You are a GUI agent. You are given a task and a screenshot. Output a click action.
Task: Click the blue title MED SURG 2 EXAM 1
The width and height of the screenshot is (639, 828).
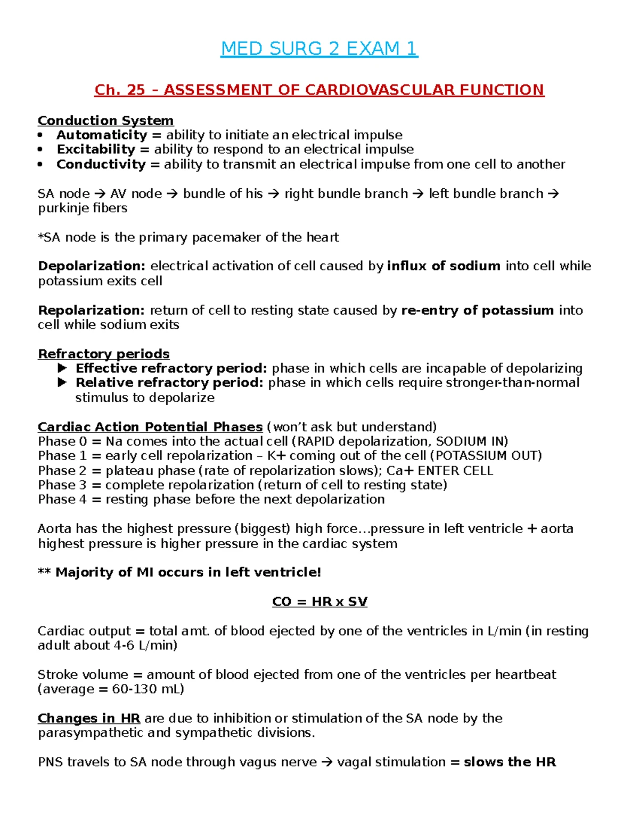pos(319,49)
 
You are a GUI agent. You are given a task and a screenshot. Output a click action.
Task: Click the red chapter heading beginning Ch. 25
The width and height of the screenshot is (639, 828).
pos(319,90)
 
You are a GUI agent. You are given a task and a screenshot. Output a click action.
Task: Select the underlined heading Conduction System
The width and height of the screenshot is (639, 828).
pos(105,120)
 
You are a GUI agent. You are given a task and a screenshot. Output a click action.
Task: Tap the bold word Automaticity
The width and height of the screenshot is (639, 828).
pos(102,135)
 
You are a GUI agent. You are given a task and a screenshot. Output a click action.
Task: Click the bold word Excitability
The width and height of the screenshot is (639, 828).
pos(96,149)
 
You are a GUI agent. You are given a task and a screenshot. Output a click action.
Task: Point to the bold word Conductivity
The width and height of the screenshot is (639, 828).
pos(101,164)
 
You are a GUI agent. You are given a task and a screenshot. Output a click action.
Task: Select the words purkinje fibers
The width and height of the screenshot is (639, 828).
pos(83,208)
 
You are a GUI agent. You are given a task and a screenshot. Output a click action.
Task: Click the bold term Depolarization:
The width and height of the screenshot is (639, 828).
pos(92,266)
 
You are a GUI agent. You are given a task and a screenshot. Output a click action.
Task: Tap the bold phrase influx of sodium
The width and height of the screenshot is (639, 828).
pos(444,266)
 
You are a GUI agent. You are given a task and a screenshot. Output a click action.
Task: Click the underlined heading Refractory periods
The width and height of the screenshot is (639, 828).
pos(103,354)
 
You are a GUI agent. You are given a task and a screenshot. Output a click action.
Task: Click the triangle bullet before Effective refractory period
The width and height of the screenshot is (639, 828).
pos(62,368)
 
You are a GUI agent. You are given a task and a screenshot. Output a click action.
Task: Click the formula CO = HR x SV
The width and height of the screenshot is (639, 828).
pos(319,602)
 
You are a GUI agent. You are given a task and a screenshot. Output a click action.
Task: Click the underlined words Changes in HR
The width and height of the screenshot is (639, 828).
pos(88,719)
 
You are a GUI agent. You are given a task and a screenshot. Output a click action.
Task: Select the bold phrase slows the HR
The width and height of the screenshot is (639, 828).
pos(510,762)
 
